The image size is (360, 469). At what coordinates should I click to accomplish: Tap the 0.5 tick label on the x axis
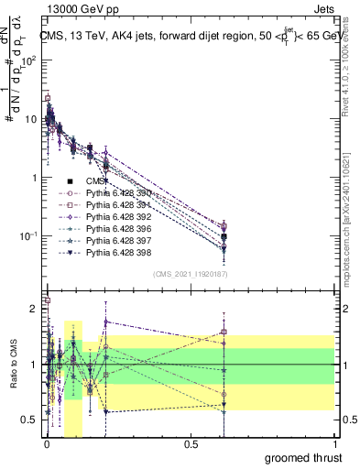coord(191,442)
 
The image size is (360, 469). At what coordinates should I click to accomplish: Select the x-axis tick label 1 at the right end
coord(333,442)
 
